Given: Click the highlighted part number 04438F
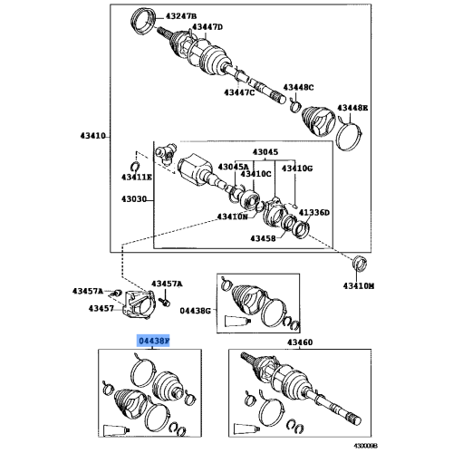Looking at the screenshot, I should (x=154, y=342).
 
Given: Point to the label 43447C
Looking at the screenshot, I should (x=240, y=92).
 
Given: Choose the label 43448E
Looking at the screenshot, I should (x=353, y=109).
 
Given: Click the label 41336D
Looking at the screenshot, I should (x=315, y=212).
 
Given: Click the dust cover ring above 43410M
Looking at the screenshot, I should (x=359, y=264).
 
